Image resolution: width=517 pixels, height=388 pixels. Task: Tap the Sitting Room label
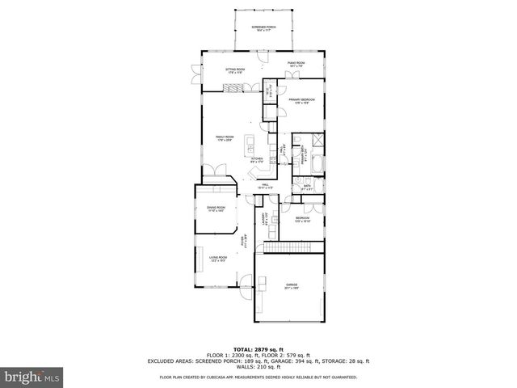click(235, 71)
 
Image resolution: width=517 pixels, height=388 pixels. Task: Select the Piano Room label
click(296, 64)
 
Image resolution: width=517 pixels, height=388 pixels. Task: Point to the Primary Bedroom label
click(302, 101)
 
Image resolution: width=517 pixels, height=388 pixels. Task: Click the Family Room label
click(225, 139)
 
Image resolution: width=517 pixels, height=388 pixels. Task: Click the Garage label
click(291, 286)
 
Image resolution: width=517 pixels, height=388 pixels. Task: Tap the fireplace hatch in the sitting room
click(233, 86)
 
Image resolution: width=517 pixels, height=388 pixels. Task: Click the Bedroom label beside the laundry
click(302, 220)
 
